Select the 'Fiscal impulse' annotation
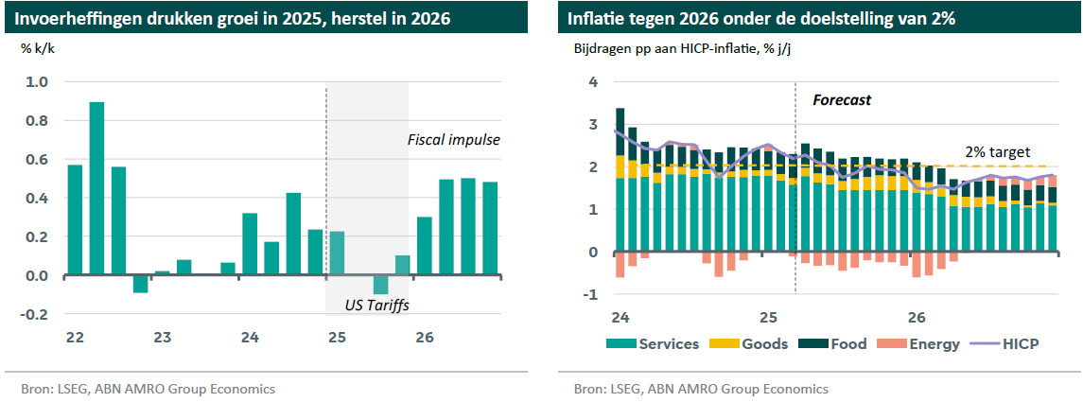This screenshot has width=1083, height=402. point(453,140)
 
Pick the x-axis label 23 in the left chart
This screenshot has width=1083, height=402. point(163,337)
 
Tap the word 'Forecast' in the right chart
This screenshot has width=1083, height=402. point(842,99)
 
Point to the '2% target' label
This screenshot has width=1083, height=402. point(997,151)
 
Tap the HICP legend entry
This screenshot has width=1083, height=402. point(1008,343)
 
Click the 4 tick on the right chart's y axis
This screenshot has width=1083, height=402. point(593,81)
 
